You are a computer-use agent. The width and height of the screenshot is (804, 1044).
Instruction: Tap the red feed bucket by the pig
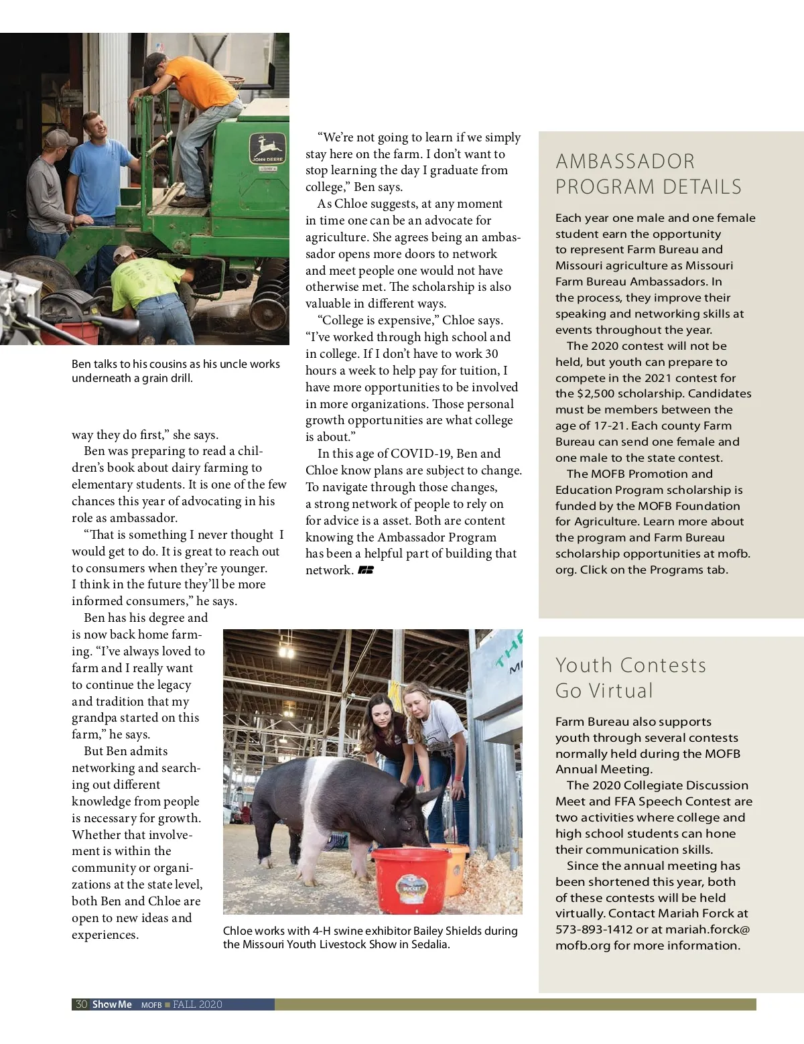[x=411, y=878]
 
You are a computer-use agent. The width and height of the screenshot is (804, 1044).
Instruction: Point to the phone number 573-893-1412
[x=594, y=929]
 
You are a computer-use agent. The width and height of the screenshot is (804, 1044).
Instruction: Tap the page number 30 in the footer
[x=81, y=1004]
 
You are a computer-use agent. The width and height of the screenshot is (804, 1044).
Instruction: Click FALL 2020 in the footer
[x=197, y=1004]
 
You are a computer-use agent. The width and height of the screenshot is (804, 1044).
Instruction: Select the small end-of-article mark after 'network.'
[x=366, y=570]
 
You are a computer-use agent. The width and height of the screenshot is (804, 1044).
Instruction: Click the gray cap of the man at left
[x=60, y=138]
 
